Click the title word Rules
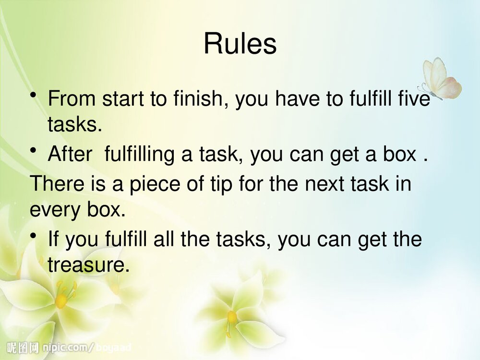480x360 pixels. point(240,44)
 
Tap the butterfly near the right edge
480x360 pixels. point(441,79)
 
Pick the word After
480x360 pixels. point(70,154)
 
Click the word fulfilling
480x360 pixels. point(140,154)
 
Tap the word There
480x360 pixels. point(57,183)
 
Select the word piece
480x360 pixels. point(155,184)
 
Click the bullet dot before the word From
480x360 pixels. point(34,96)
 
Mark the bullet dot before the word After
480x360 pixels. point(34,151)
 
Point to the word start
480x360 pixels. point(123,99)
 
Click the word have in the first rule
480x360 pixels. point(297,98)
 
